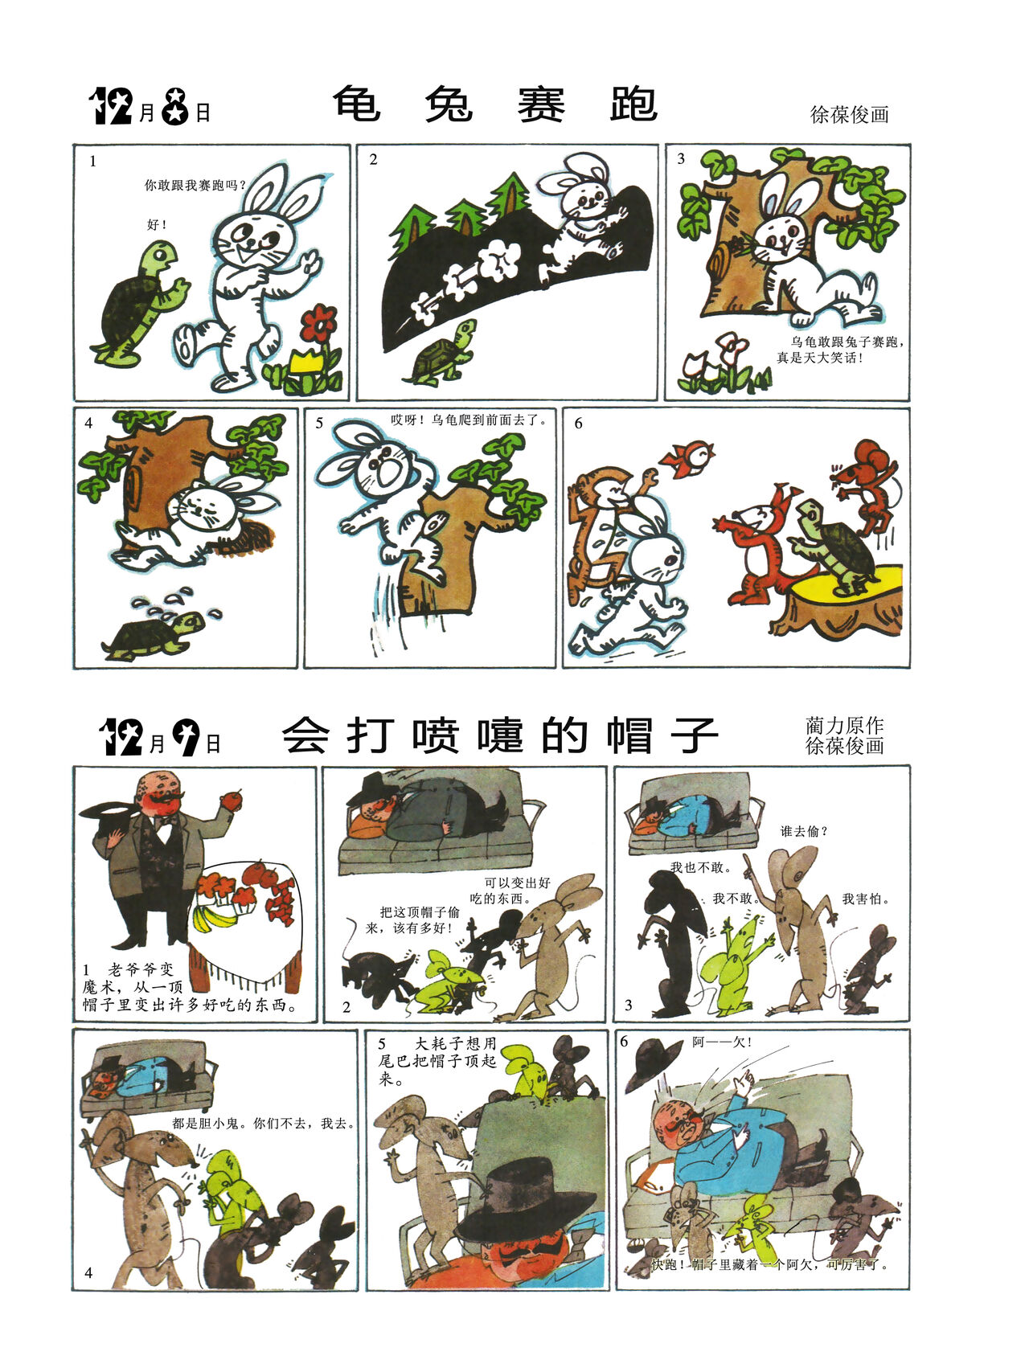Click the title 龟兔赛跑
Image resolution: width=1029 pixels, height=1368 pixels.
[495, 104]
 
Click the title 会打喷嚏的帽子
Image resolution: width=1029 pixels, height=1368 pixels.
[499, 735]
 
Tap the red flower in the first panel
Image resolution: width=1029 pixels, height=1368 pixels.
[318, 324]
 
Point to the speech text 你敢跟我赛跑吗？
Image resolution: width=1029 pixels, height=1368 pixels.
[195, 185]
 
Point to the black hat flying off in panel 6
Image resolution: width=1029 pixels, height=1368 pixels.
[654, 1063]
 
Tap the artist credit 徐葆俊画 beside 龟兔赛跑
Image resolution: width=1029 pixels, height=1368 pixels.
[849, 114]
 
